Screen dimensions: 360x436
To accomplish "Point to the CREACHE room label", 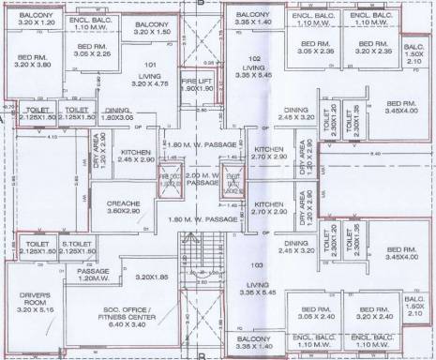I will tap(123, 207).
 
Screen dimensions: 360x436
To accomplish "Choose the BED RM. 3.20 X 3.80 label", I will tap(31, 61).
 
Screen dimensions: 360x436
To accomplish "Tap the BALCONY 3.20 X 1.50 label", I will tap(152, 27).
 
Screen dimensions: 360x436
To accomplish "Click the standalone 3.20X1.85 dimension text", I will tap(150, 277).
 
